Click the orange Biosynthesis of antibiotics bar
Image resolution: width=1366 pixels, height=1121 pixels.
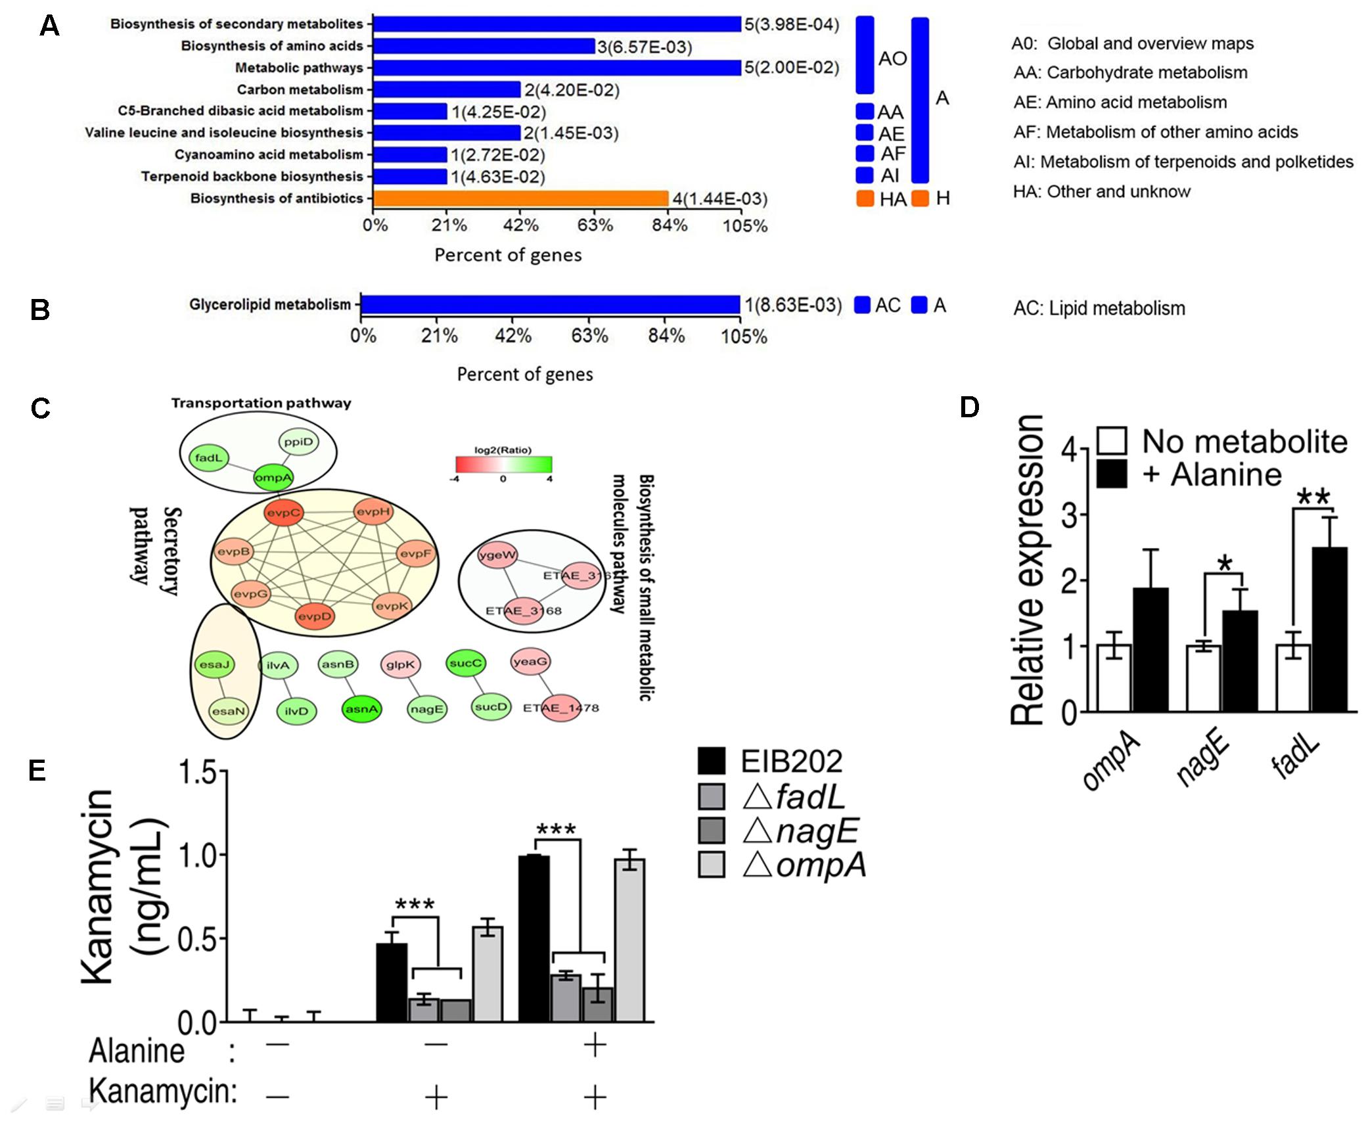(x=520, y=198)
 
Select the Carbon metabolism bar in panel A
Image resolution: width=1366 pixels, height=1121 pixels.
(x=447, y=89)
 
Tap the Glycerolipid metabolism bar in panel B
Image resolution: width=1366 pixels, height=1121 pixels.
(x=551, y=305)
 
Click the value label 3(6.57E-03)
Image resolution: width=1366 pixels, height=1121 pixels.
(x=645, y=47)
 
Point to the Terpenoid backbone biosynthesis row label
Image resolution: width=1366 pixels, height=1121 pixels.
(x=252, y=176)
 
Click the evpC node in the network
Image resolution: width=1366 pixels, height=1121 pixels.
(x=283, y=513)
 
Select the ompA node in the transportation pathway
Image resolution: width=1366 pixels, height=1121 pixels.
(x=273, y=478)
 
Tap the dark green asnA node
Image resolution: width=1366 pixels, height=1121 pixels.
(x=361, y=709)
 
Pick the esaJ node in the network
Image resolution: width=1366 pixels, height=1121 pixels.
(x=214, y=664)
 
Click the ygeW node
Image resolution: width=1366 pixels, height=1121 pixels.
(x=497, y=555)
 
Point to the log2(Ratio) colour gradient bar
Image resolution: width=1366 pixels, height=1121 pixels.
(x=503, y=465)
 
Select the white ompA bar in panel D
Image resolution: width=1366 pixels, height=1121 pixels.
(x=1114, y=677)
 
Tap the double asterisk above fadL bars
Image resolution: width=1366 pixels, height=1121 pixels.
(x=1312, y=497)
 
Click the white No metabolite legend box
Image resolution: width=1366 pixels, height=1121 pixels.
(x=1112, y=441)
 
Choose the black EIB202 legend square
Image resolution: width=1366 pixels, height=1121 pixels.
(x=712, y=761)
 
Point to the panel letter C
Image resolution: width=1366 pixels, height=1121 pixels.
(x=41, y=408)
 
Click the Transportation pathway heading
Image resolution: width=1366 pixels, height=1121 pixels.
(x=261, y=403)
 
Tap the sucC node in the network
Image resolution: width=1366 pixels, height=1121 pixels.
(x=466, y=663)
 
